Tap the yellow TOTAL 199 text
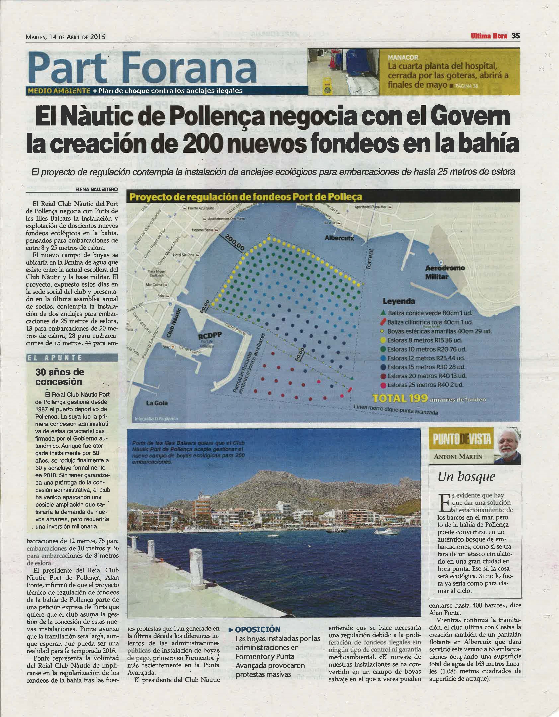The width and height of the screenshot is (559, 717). pos(400,398)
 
